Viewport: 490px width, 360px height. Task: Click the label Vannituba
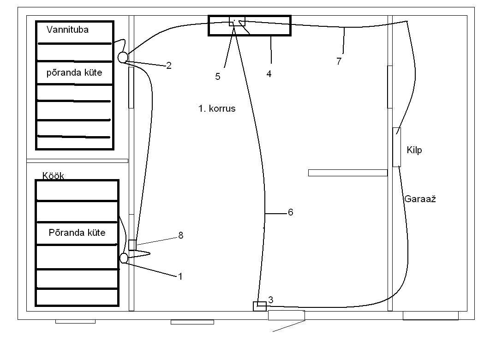click(67, 30)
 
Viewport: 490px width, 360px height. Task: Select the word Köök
click(53, 176)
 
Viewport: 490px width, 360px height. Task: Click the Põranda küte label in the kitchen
click(77, 233)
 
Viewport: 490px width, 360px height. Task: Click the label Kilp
click(414, 150)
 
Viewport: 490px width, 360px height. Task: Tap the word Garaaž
click(420, 199)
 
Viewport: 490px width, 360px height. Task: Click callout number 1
click(180, 276)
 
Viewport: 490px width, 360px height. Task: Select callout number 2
click(169, 66)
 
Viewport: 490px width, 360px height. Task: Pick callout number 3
click(271, 300)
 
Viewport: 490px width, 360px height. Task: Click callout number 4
click(269, 74)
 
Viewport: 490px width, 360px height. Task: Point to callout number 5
click(218, 77)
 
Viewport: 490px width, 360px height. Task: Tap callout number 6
click(290, 212)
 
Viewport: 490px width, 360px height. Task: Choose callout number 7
click(339, 61)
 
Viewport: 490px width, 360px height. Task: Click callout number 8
click(180, 235)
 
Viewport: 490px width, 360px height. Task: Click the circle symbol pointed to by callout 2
click(123, 57)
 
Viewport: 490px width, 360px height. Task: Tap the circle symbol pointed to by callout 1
click(124, 258)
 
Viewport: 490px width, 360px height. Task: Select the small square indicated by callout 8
click(132, 245)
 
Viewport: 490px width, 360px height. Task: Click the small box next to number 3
click(260, 306)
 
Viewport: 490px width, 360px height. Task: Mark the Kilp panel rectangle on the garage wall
click(396, 147)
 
